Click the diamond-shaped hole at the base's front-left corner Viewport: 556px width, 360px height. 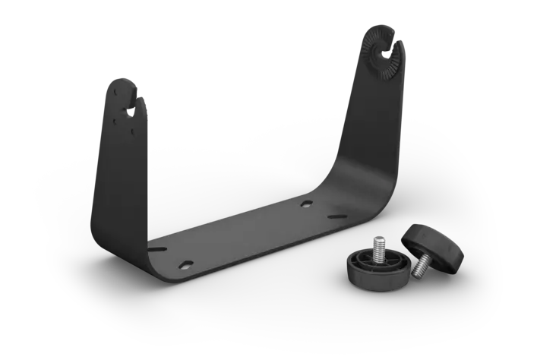(x=185, y=264)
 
